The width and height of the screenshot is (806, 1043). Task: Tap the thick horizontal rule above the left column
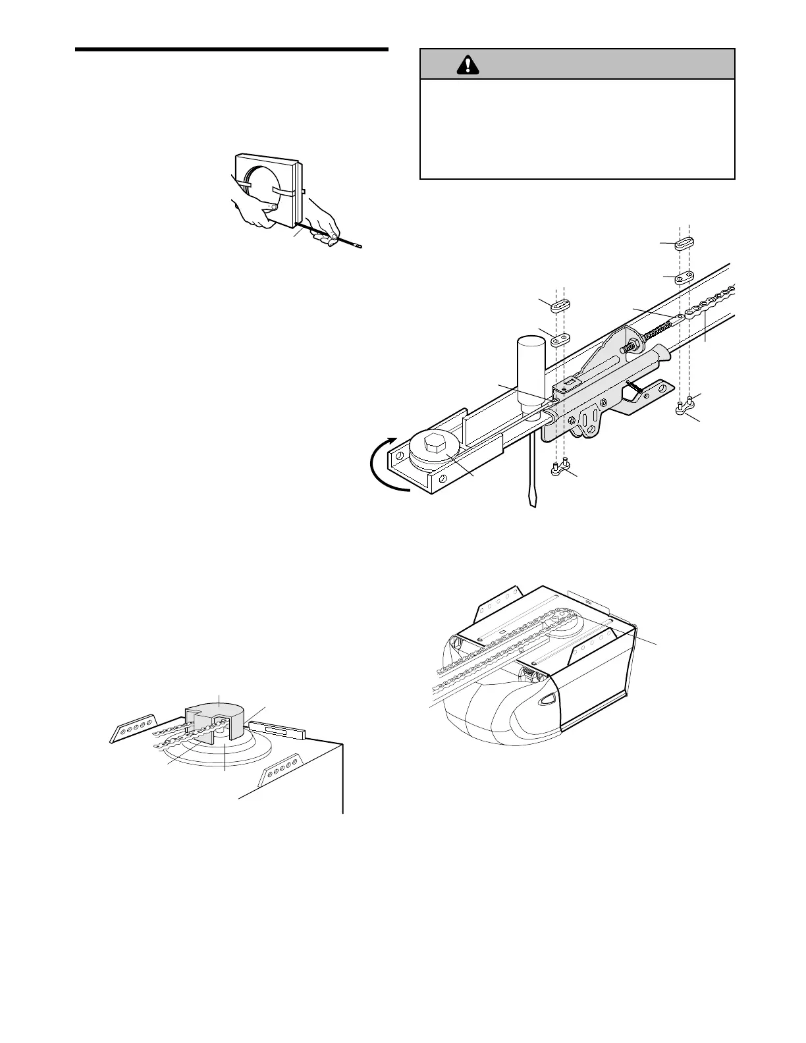231,49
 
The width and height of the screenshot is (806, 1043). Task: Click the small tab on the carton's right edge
306,193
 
